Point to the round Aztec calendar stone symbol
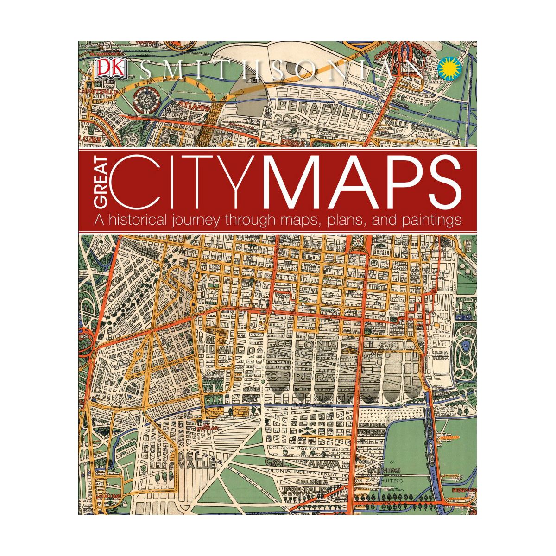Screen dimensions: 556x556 144,98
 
